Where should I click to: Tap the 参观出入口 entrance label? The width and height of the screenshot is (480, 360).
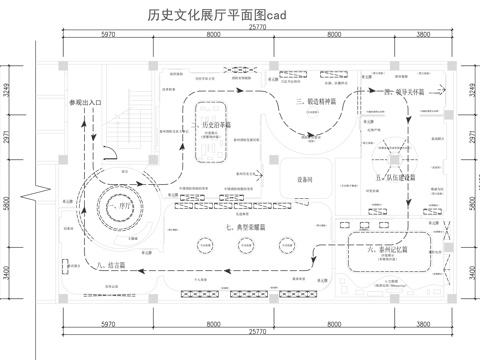click(87, 103)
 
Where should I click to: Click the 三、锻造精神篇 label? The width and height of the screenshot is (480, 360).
click(318, 102)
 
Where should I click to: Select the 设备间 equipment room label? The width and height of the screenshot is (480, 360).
click(306, 178)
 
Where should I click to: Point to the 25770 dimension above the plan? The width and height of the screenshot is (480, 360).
click(257, 28)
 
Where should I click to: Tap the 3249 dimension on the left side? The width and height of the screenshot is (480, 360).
click(9, 87)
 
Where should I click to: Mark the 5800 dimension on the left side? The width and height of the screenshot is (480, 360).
click(9, 203)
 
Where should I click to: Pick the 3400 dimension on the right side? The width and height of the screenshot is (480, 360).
click(472, 271)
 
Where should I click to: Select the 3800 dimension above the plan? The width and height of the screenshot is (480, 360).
click(423, 36)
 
